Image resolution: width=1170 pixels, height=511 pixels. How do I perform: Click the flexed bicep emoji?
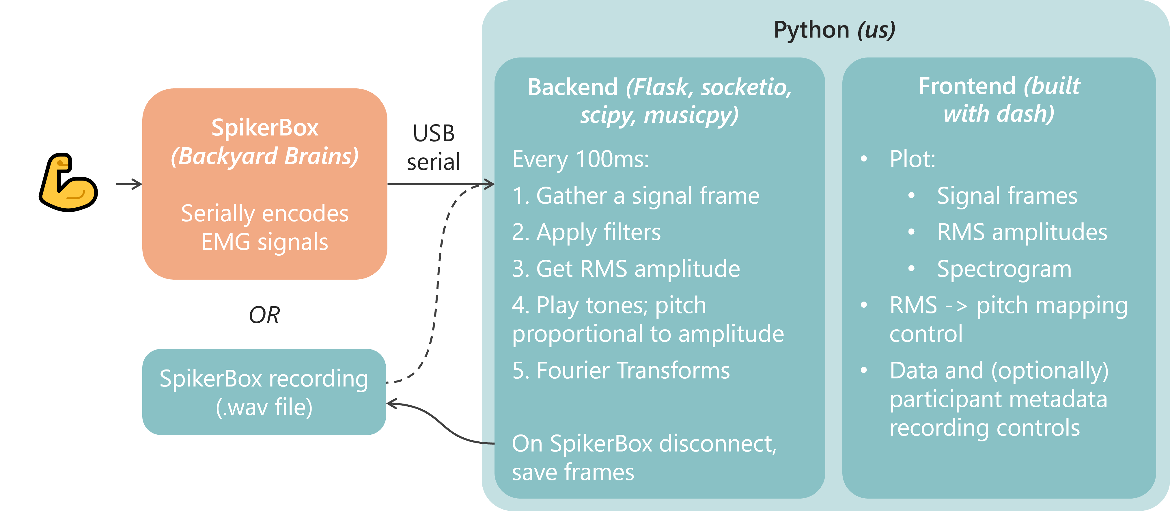pyautogui.click(x=68, y=183)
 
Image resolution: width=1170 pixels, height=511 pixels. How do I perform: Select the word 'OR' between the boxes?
pyautogui.click(x=264, y=315)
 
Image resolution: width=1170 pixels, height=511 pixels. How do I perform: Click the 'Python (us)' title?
pyautogui.click(x=834, y=30)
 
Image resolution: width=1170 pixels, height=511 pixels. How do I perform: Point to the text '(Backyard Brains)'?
pyautogui.click(x=264, y=156)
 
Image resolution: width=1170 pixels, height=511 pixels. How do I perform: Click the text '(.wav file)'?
pyautogui.click(x=264, y=407)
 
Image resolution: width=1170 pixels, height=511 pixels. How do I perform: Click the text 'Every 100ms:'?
pyautogui.click(x=581, y=159)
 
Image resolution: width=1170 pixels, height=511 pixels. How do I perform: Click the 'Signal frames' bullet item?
pyautogui.click(x=1007, y=196)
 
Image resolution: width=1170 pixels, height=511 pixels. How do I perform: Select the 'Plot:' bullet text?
pyautogui.click(x=912, y=159)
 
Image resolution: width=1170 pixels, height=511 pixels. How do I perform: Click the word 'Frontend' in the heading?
pyautogui.click(x=966, y=86)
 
